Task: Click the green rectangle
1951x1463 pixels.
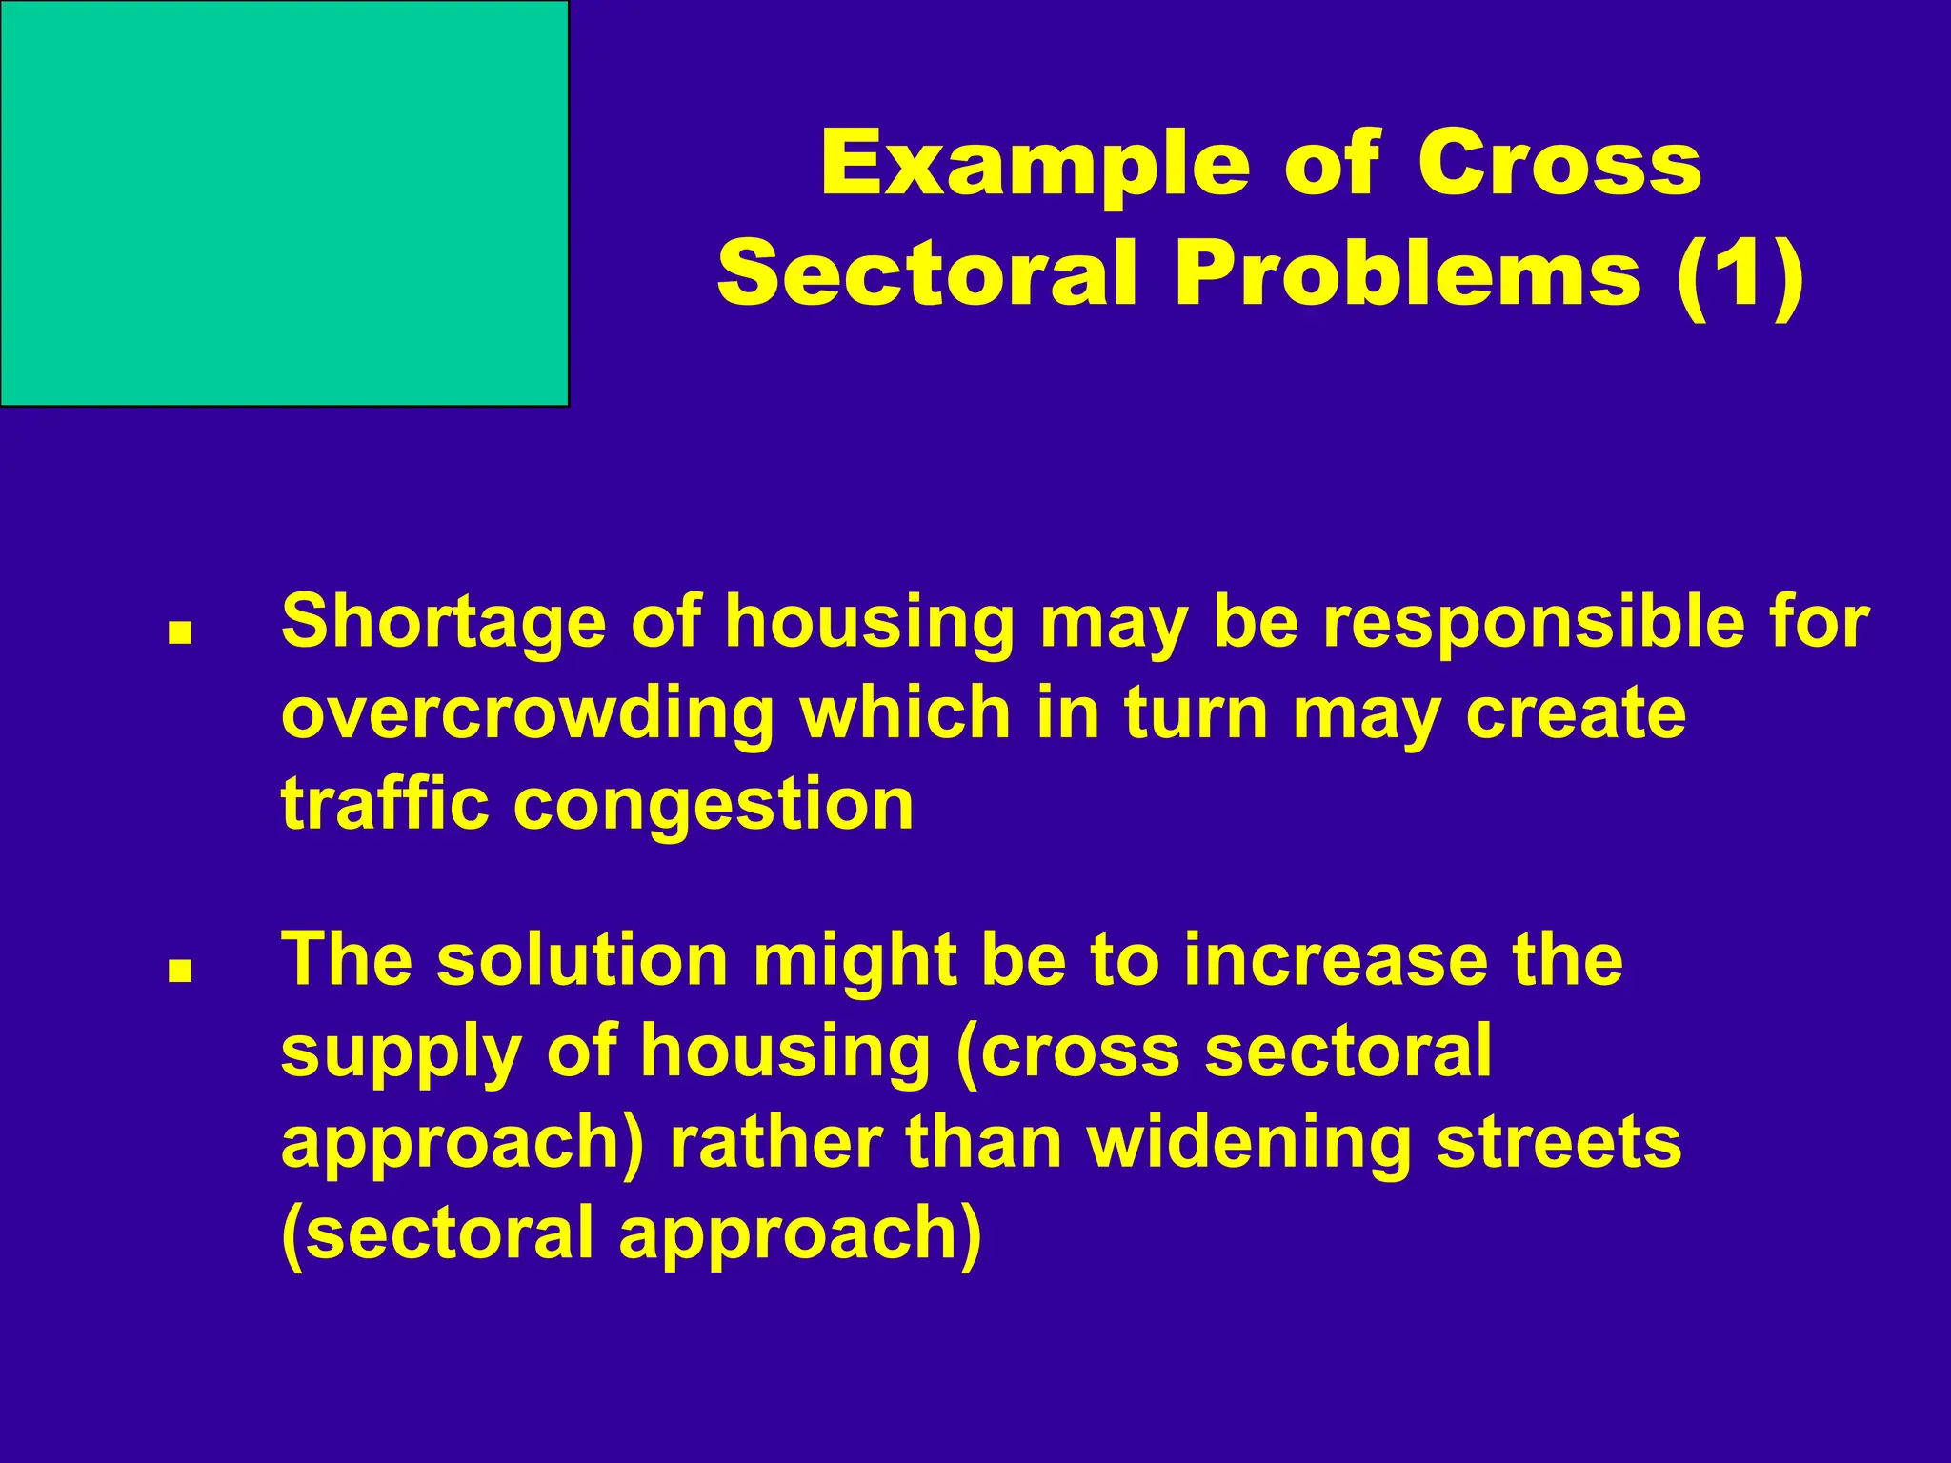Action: point(284,202)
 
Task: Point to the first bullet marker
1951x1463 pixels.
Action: point(179,633)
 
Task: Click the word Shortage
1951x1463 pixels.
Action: point(444,622)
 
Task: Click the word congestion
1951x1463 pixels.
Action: point(714,806)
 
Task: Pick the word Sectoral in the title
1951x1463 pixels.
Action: point(928,275)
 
